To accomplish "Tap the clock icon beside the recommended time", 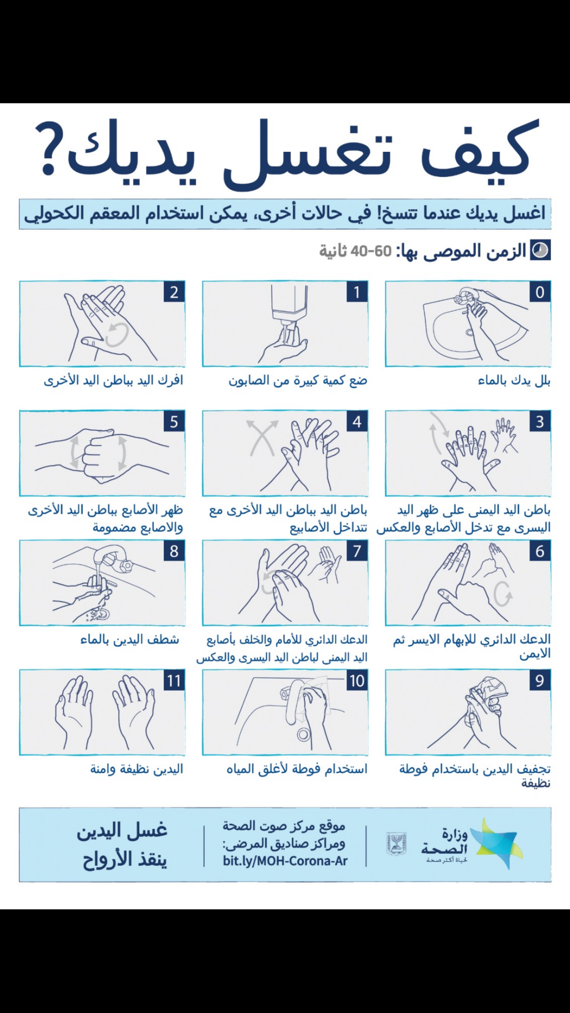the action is click(540, 251).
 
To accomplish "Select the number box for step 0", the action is click(539, 292).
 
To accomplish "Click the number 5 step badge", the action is click(174, 422).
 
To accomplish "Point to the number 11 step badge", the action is click(174, 681).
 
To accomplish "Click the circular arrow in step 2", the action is click(117, 334).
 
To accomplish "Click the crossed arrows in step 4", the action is click(262, 437).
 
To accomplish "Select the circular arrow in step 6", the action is click(503, 593).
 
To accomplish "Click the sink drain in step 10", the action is click(303, 735).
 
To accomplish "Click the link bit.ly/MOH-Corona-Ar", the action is click(285, 861).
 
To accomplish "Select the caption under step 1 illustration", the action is click(298, 380).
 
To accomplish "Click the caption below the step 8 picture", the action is click(130, 640).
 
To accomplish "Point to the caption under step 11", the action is click(137, 769).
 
